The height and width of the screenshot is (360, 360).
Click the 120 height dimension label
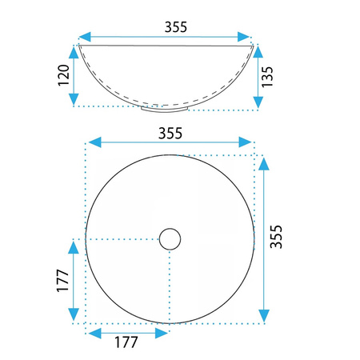pos(63,75)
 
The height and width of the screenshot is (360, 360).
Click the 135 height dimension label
pos(267,77)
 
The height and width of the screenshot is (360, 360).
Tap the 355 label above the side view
pos(176,27)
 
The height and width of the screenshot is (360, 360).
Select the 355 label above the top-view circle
pos(170,133)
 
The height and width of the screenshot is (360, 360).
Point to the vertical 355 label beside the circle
pos(276,237)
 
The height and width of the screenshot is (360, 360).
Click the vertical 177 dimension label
pos(63,280)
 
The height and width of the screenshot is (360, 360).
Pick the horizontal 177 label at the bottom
pos(126,342)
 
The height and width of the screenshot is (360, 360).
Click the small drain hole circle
pos(170,239)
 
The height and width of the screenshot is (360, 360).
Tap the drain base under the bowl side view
pos(165,109)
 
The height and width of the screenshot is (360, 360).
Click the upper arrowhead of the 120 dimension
pos(74,52)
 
